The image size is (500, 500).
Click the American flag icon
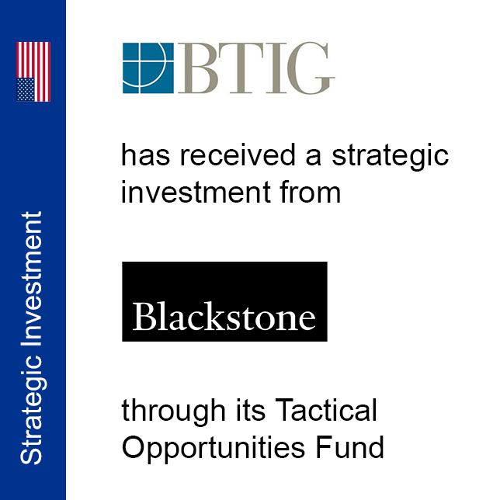point(33,72)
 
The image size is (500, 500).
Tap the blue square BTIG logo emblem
point(148,68)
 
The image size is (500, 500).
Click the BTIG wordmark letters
point(256,68)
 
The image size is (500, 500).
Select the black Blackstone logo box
point(224,301)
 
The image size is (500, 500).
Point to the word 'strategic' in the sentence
point(391,156)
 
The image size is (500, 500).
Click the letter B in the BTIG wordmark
point(193,68)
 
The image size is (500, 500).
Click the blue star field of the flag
point(26,89)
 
